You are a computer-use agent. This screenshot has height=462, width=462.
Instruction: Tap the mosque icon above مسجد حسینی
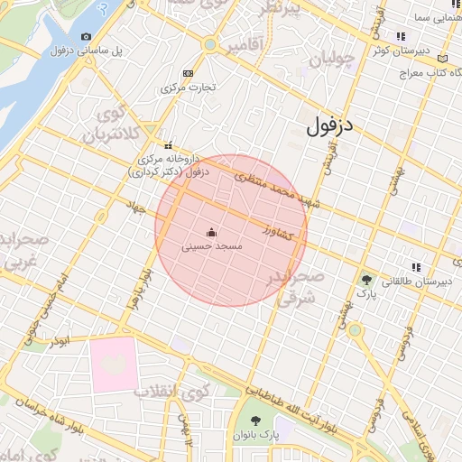[211, 231]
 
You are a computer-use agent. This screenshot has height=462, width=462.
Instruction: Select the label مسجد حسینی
[210, 245]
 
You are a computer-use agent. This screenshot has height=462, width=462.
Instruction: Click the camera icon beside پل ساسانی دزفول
[86, 36]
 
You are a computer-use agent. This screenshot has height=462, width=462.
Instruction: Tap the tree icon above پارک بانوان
[255, 421]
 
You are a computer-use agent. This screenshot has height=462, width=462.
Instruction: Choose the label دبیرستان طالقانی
[416, 282]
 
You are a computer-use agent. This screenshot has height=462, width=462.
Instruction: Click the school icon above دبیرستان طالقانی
[416, 267]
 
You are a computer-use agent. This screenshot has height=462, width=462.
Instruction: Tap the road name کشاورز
[278, 233]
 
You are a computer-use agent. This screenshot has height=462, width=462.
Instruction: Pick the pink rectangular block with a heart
[115, 365]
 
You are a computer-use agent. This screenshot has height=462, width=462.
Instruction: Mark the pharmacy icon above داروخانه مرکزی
[168, 145]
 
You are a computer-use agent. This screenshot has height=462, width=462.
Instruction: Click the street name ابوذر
[60, 343]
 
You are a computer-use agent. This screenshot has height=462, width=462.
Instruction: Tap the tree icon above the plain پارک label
[365, 279]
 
